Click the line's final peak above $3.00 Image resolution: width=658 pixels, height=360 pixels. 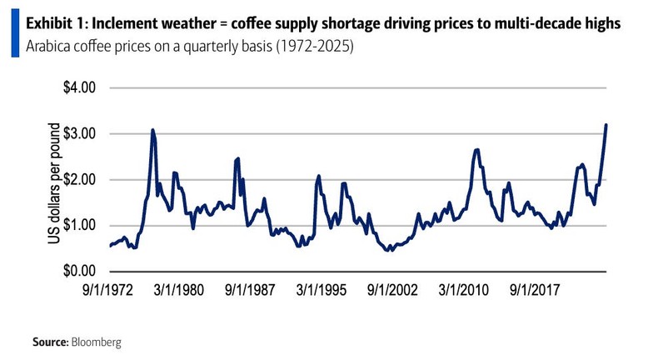606,125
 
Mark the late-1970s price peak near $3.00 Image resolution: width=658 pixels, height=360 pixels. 152,130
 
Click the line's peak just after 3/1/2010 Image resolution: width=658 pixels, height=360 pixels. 476,150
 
